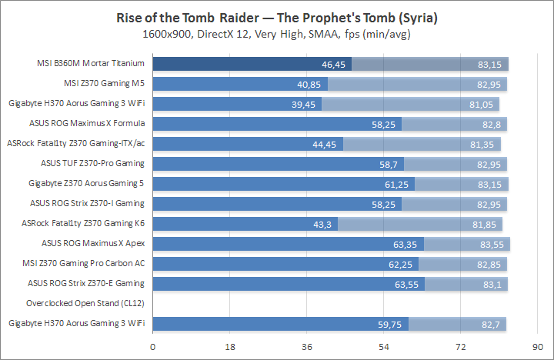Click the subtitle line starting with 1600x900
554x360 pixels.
tap(276, 35)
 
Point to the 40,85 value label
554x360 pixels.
tap(313, 84)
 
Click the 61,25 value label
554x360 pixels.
tap(399, 184)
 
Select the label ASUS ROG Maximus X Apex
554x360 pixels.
tap(93, 243)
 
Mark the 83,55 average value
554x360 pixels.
tap(493, 244)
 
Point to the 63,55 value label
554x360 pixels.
tap(409, 284)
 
